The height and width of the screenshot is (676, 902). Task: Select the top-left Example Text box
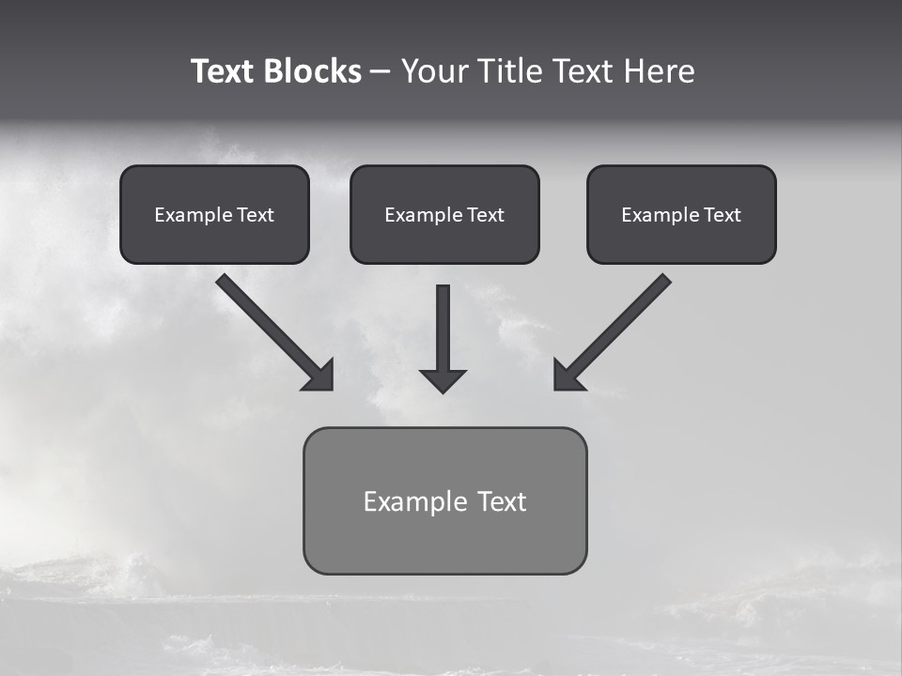pyautogui.click(x=214, y=214)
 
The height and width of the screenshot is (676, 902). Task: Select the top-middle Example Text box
pyautogui.click(x=444, y=214)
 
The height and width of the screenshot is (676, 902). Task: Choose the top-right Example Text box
pyautogui.click(x=681, y=214)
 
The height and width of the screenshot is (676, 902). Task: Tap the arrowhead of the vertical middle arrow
pyautogui.click(x=443, y=380)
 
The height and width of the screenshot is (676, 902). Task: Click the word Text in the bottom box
pyautogui.click(x=502, y=501)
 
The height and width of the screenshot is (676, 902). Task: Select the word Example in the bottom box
pyautogui.click(x=414, y=501)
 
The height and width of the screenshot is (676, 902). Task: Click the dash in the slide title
pyautogui.click(x=381, y=71)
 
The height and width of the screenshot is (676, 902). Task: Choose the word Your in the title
pyautogui.click(x=431, y=71)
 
